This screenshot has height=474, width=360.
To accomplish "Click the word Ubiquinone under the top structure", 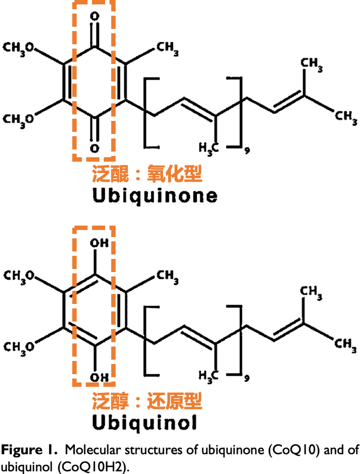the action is (x=155, y=195).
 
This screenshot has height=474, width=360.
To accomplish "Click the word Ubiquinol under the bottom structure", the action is (x=144, y=422).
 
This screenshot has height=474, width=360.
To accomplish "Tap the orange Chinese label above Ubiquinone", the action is (x=147, y=173).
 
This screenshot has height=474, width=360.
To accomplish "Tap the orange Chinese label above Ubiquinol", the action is (x=147, y=400).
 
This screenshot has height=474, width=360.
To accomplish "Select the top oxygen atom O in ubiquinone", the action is (x=95, y=16).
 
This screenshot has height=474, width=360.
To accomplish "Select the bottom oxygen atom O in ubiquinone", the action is (x=95, y=148).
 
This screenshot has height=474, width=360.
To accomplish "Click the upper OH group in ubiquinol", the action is (x=99, y=242).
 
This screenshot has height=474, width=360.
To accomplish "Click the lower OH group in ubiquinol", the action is (x=99, y=377).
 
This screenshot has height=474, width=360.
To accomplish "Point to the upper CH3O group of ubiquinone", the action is (x=18, y=48).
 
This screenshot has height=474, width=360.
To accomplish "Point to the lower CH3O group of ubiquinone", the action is (x=18, y=119).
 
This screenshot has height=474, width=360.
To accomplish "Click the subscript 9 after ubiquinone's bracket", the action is (x=247, y=150).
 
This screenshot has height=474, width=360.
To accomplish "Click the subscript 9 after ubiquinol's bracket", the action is (x=247, y=378).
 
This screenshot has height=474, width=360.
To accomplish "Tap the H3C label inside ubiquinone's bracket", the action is (x=208, y=148).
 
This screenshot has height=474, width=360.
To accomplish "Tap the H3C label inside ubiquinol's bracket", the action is (x=208, y=376).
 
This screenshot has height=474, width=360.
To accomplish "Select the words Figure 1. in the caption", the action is (x=29, y=450).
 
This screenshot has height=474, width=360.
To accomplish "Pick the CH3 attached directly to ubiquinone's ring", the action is (x=167, y=49).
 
